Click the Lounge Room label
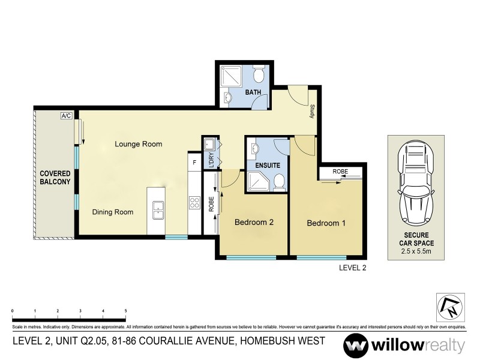139,144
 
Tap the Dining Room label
112,212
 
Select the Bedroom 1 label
327,223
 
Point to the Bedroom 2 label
254,222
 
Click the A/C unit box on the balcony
66,116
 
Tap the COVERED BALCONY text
55,177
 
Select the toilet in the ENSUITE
279,181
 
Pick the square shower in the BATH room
230,76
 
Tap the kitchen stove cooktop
194,203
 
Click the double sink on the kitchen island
157,209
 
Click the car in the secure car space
416,180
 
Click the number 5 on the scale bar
125,311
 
